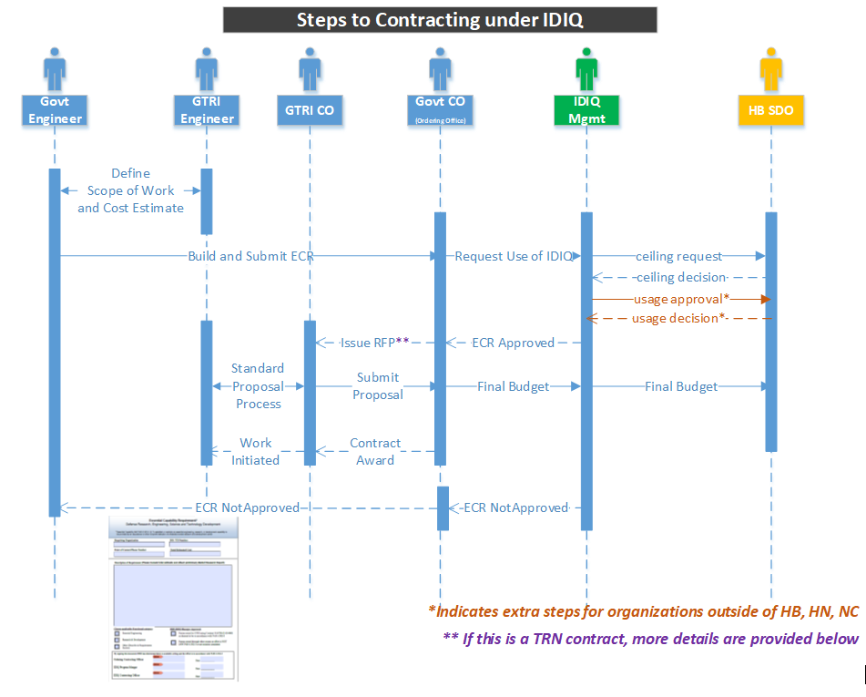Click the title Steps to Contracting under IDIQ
click(440, 20)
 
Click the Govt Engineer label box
click(55, 110)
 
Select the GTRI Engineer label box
click(207, 110)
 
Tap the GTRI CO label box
click(310, 110)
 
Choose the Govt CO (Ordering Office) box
click(440, 110)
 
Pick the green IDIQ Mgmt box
click(586, 110)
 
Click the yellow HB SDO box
click(770, 110)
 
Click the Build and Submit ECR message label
click(250, 256)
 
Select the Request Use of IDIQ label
click(514, 256)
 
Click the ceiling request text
click(678, 256)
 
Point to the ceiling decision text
click(680, 277)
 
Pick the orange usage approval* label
click(682, 299)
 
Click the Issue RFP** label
click(374, 343)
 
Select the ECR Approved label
click(513, 343)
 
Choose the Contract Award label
click(375, 451)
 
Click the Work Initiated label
click(256, 451)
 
